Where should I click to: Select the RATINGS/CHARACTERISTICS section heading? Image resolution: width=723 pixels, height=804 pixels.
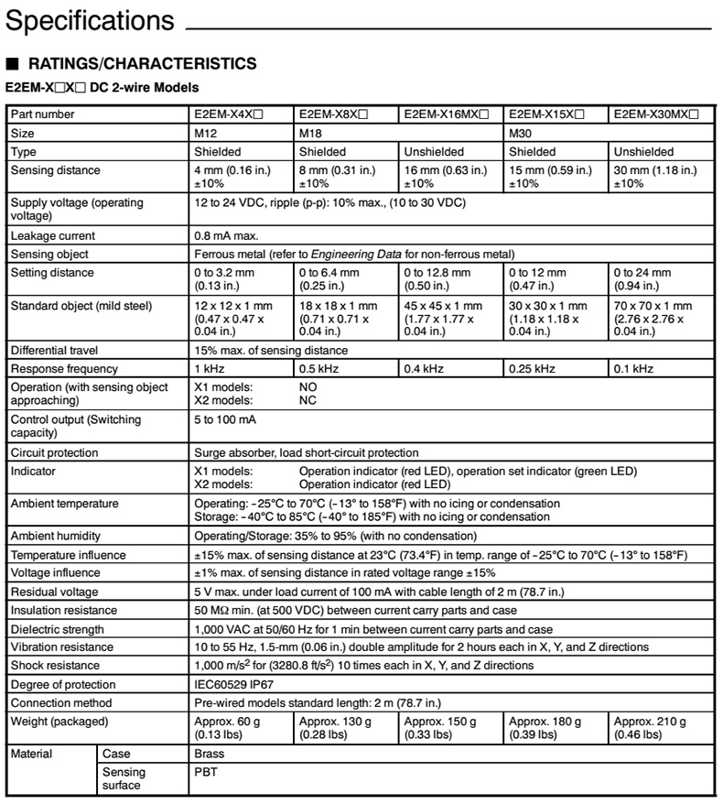tap(135, 64)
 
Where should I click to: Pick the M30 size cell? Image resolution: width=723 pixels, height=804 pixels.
tap(519, 134)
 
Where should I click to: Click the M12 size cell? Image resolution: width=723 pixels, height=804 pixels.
tap(206, 134)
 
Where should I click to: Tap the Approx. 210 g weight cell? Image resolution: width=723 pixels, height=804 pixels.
tap(650, 728)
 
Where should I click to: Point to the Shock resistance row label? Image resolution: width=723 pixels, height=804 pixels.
tap(57, 666)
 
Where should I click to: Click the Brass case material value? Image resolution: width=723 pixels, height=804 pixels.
tap(210, 755)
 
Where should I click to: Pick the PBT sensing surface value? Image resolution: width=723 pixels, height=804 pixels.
tap(206, 773)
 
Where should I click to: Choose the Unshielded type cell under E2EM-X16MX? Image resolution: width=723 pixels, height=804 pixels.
tap(434, 152)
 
